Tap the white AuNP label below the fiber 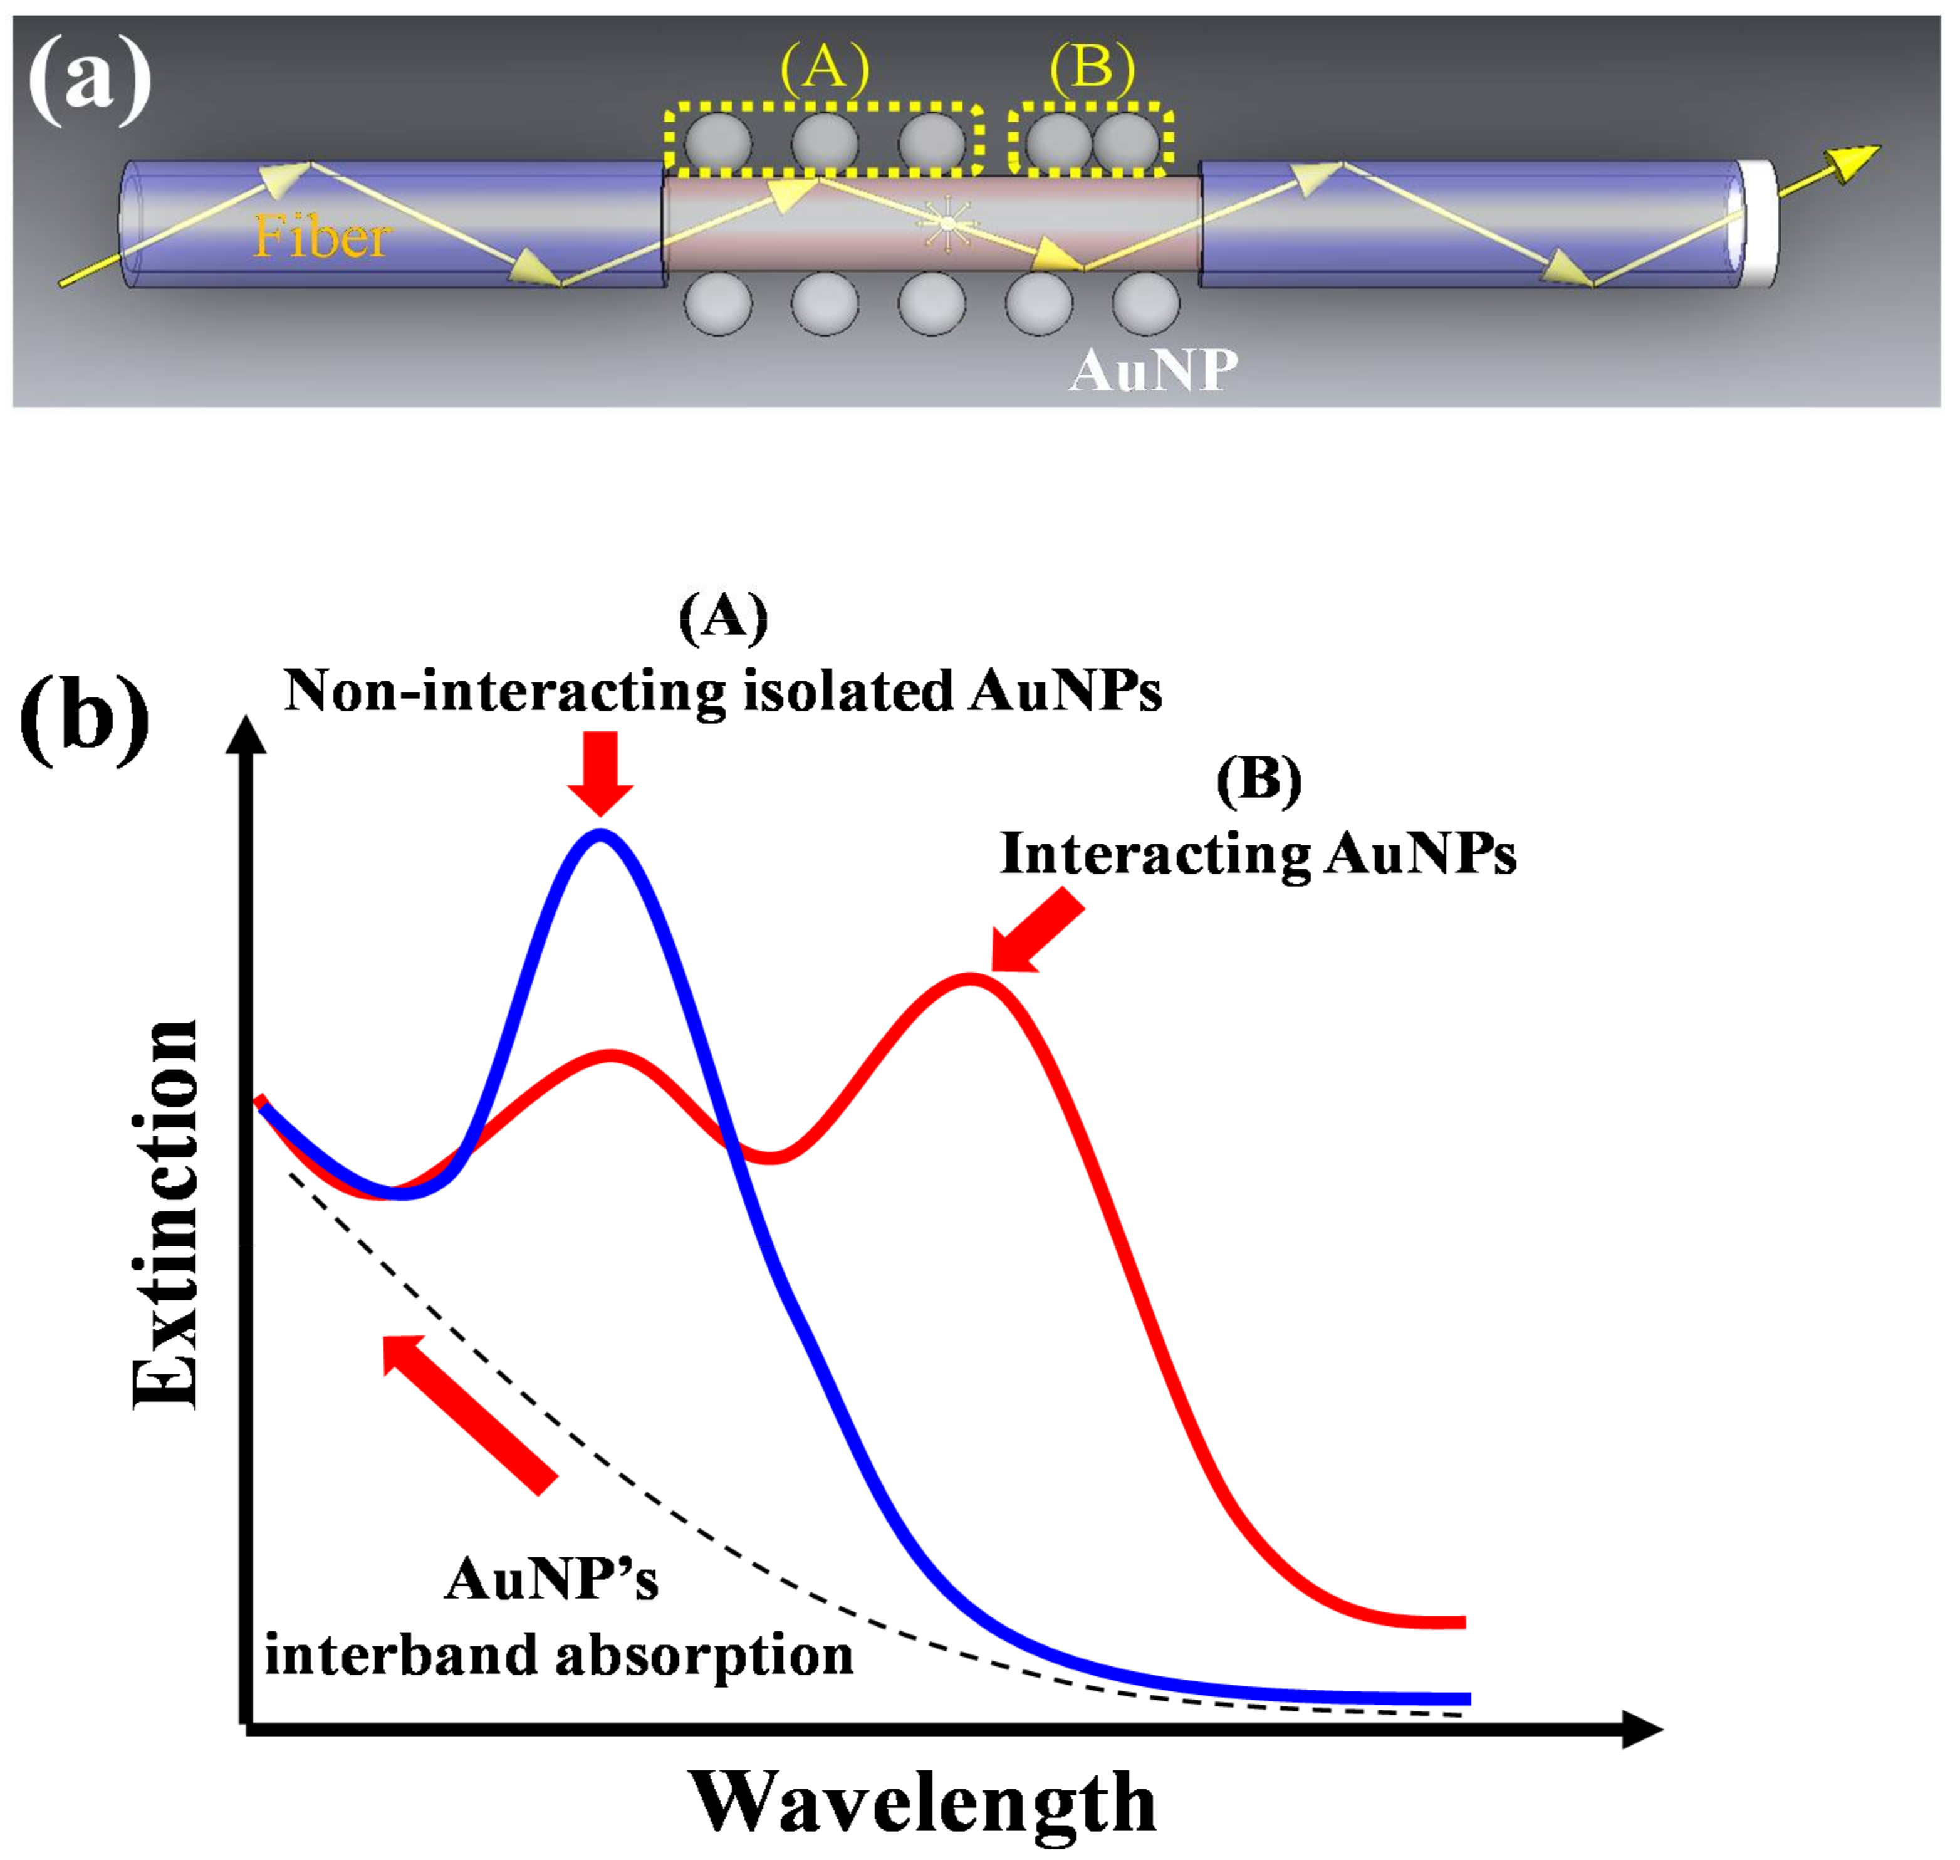(1153, 371)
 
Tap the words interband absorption (558, 1655)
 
